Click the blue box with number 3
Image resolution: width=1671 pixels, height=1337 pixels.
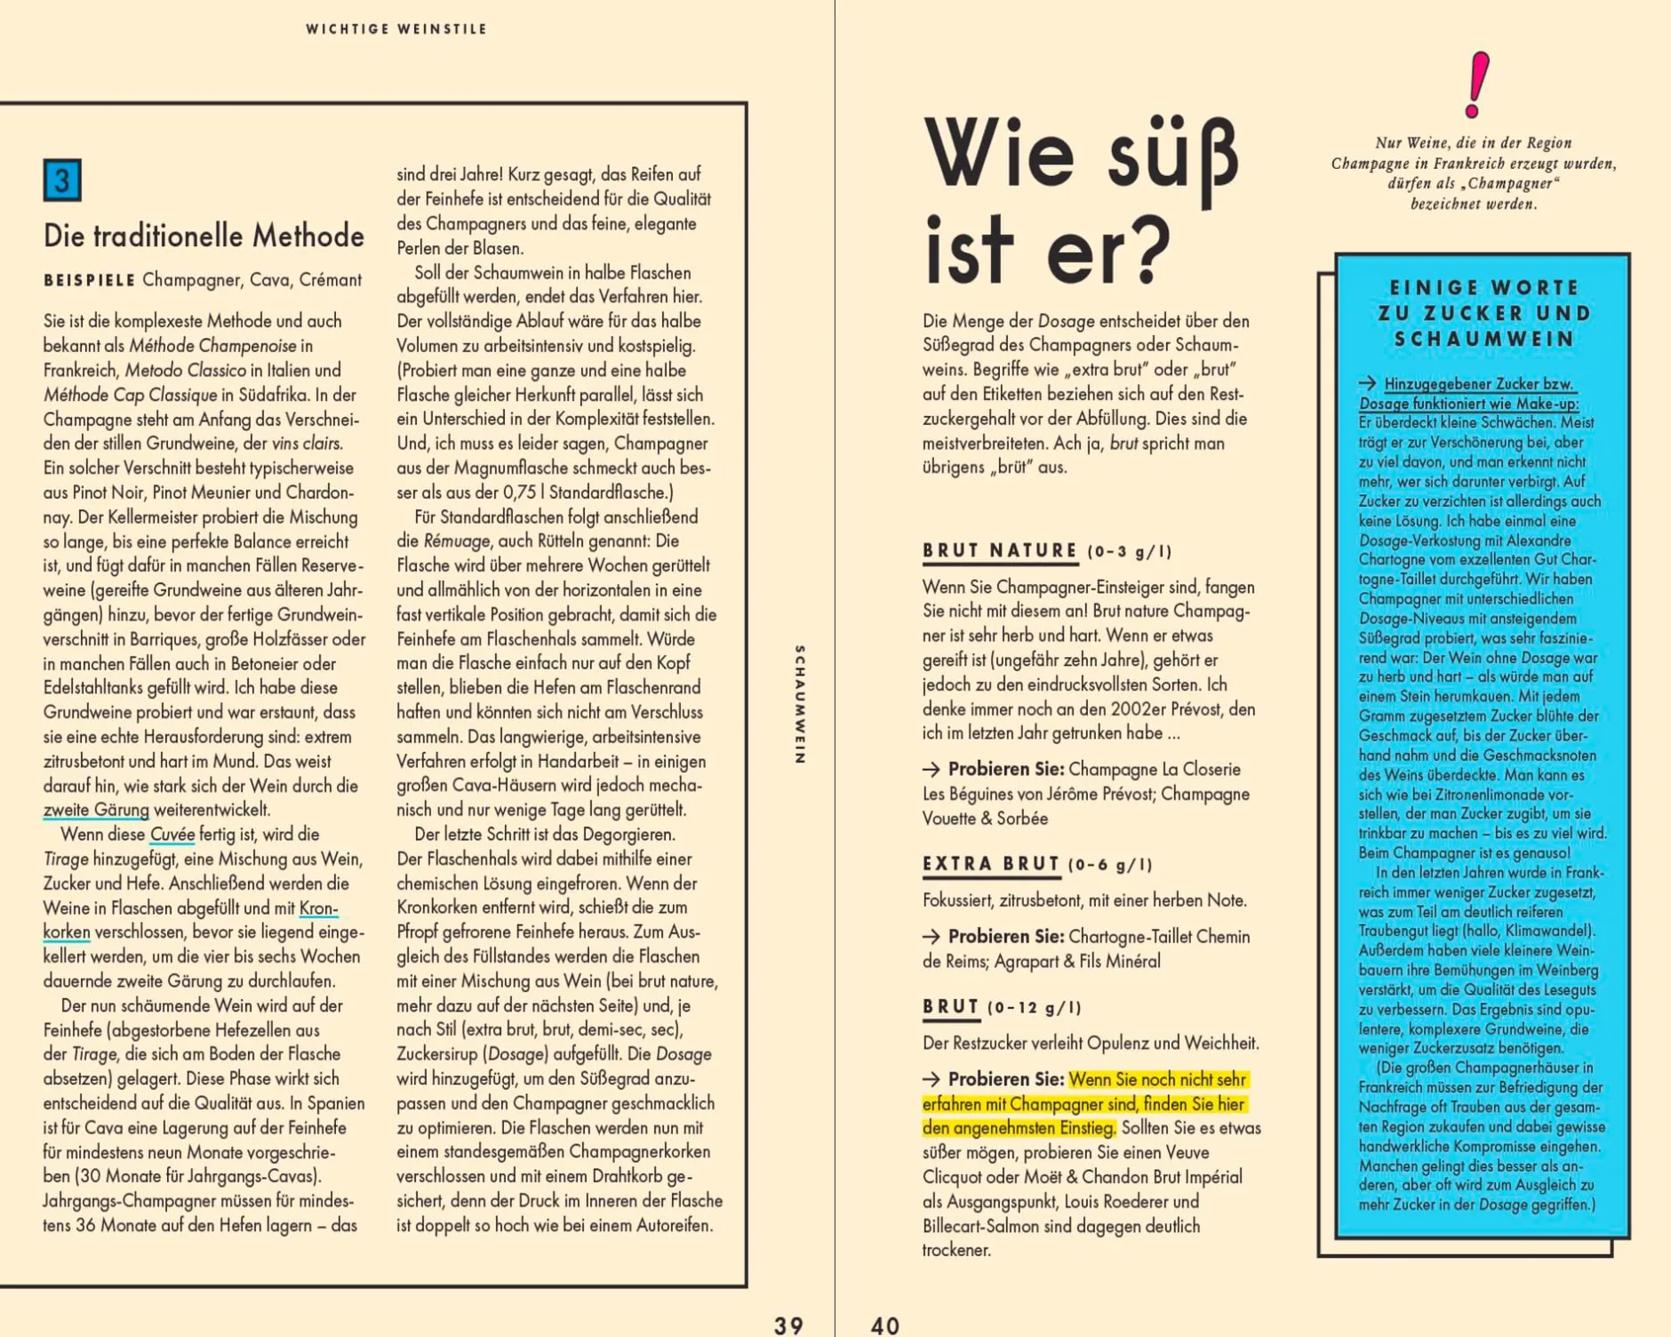[62, 180]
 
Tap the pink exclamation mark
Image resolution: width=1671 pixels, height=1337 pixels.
[1477, 85]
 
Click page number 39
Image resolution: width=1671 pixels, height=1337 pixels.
[788, 1325]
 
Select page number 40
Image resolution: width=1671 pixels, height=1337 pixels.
[885, 1325]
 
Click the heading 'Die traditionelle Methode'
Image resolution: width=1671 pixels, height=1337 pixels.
[204, 236]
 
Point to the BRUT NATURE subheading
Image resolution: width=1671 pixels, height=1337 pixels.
[1000, 550]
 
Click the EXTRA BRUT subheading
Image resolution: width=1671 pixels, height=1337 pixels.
[991, 864]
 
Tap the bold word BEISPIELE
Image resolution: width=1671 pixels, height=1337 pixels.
[89, 280]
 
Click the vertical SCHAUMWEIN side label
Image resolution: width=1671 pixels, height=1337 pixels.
[799, 704]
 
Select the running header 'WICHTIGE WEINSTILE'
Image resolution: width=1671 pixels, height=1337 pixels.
[396, 29]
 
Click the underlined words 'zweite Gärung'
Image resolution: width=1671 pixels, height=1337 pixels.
[96, 810]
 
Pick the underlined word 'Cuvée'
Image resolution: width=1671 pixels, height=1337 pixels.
[172, 835]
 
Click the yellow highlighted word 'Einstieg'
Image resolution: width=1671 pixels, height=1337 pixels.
[1086, 1128]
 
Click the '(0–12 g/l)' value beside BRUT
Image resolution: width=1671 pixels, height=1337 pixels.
[1035, 1007]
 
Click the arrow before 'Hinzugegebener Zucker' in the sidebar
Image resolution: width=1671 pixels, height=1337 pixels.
[1367, 384]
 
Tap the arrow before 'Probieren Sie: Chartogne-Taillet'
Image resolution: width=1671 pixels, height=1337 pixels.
[931, 936]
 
